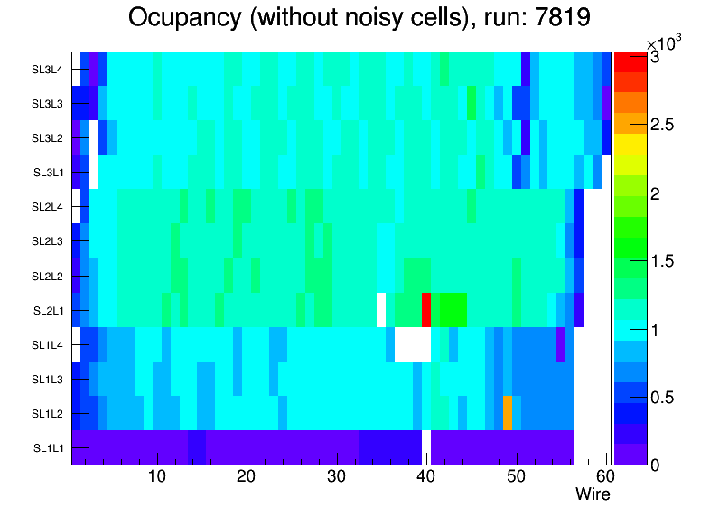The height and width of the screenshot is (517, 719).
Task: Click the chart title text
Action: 359,18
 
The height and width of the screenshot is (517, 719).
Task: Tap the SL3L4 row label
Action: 49,69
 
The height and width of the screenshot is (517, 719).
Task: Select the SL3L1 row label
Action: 49,172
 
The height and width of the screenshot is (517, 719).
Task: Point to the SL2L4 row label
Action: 49,206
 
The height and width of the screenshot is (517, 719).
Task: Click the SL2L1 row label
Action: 49,310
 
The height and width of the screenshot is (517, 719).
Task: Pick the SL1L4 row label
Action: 49,344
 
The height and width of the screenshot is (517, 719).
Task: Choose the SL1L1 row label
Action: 49,447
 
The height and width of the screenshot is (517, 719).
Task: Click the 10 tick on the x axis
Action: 156,476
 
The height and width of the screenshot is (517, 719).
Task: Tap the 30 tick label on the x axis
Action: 336,476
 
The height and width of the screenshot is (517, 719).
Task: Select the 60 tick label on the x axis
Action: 604,476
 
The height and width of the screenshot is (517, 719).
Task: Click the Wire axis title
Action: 593,494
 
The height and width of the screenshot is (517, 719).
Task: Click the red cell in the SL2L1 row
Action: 426,309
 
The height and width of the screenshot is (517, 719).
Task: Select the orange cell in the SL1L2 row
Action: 508,412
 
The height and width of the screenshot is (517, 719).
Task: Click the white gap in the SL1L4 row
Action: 413,343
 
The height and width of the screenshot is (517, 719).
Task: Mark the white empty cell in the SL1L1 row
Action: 426,447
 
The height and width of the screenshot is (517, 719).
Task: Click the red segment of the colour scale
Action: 625,61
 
